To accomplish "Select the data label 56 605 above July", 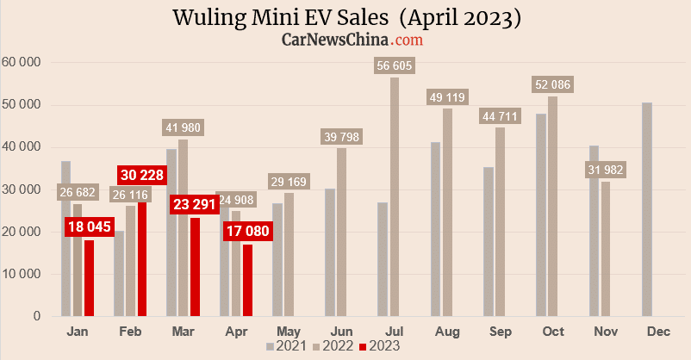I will tap(394, 65).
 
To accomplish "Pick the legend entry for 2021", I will tap(287, 345).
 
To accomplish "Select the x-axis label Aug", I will tap(447, 331).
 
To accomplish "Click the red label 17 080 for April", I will tap(247, 231).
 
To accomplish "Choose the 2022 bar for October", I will tap(552, 206).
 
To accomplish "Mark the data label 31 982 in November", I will tap(606, 170).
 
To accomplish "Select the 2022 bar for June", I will tap(341, 233).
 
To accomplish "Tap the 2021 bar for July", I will tap(383, 259).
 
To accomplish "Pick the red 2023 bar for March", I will tap(195, 267).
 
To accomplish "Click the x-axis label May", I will tap(289, 331).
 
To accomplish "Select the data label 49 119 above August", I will tap(447, 97).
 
